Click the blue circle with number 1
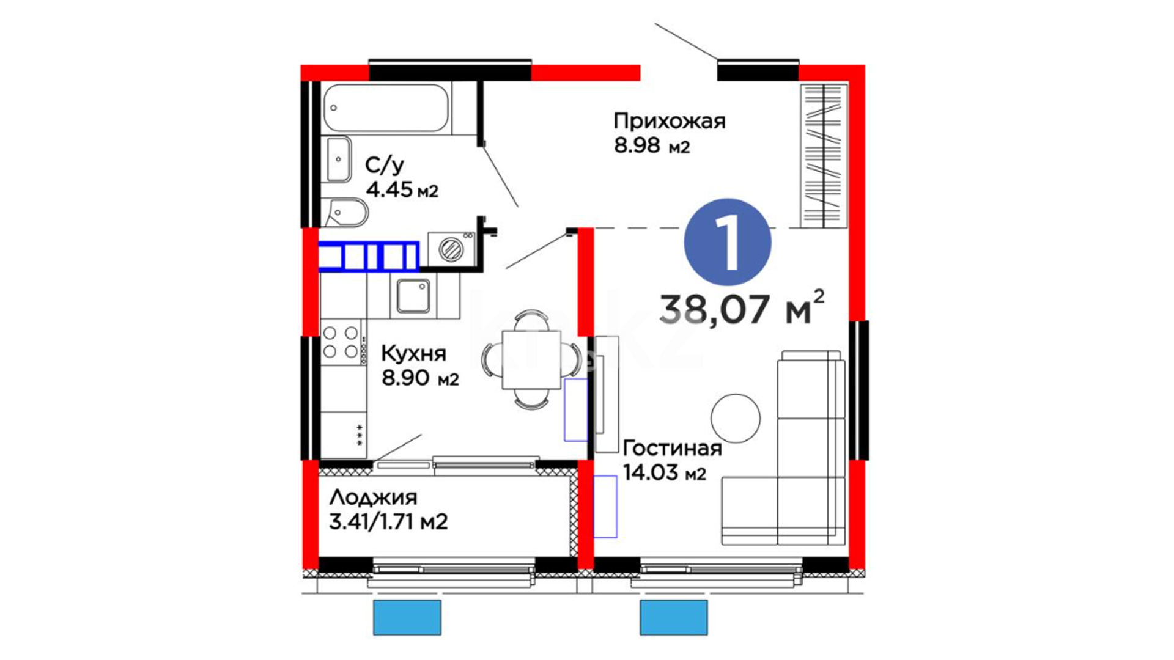click(x=728, y=242)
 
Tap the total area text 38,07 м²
click(x=742, y=307)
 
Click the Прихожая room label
click(x=670, y=122)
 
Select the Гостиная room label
click(x=672, y=448)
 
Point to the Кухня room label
click(x=414, y=354)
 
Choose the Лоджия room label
click(x=373, y=498)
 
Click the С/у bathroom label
click(x=385, y=165)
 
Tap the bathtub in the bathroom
click(x=386, y=108)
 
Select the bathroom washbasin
click(x=338, y=159)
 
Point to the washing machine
click(x=451, y=249)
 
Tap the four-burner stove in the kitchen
click(x=342, y=342)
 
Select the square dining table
click(x=531, y=359)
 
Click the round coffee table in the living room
click(x=736, y=418)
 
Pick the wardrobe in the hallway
click(x=824, y=155)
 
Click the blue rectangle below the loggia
click(x=407, y=617)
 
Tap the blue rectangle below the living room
click(x=674, y=617)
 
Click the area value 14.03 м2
click(x=665, y=472)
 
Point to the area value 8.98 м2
click(x=652, y=146)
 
